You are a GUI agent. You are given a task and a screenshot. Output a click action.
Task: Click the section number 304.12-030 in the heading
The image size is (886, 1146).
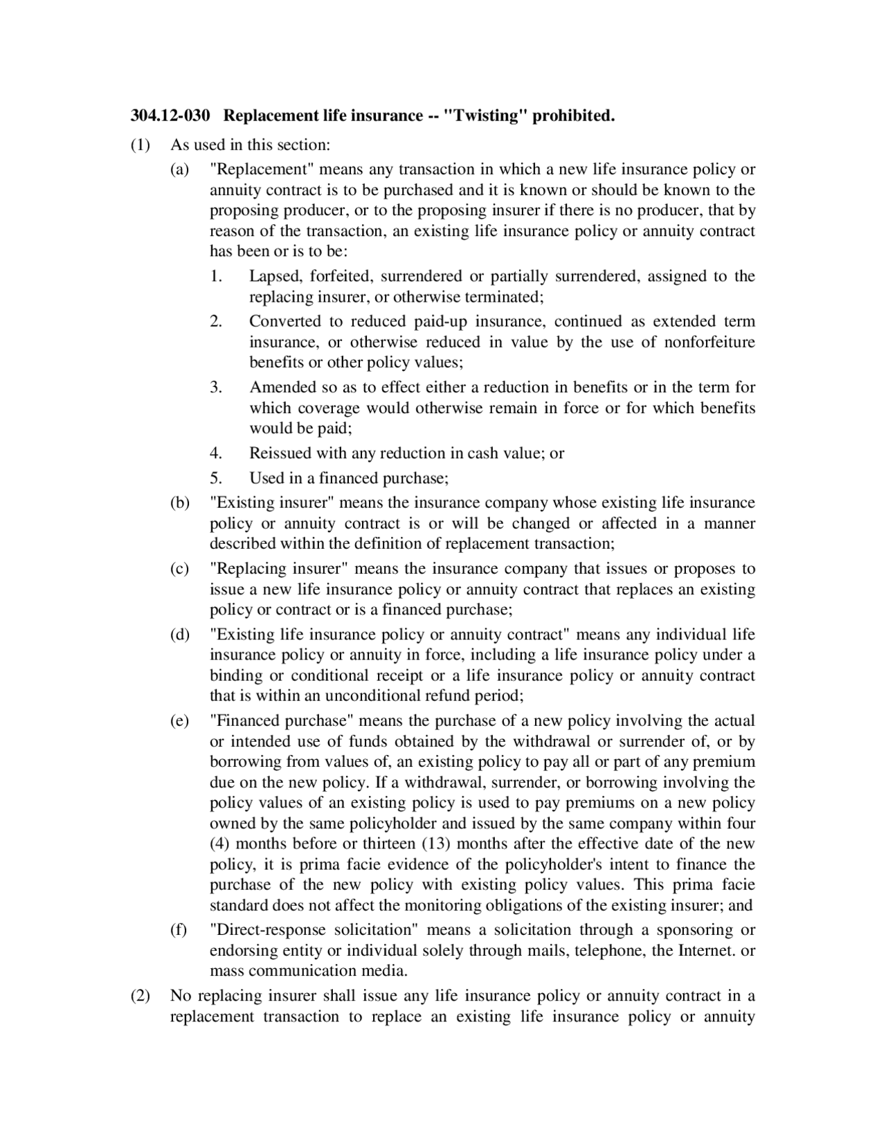coord(170,116)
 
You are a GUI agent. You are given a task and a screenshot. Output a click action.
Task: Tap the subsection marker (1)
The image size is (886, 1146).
coord(140,145)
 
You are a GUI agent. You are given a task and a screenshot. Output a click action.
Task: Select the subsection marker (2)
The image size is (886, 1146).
coord(140,996)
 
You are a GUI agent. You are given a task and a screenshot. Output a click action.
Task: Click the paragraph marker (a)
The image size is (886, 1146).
coord(180,170)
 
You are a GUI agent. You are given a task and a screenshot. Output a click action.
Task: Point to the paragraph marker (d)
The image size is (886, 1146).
coord(180,635)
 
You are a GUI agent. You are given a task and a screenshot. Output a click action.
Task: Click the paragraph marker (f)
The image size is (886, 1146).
coord(179,929)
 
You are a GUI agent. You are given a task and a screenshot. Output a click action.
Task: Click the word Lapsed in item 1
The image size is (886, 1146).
coord(275,277)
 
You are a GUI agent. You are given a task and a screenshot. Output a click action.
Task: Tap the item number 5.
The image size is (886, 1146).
coord(215,478)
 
